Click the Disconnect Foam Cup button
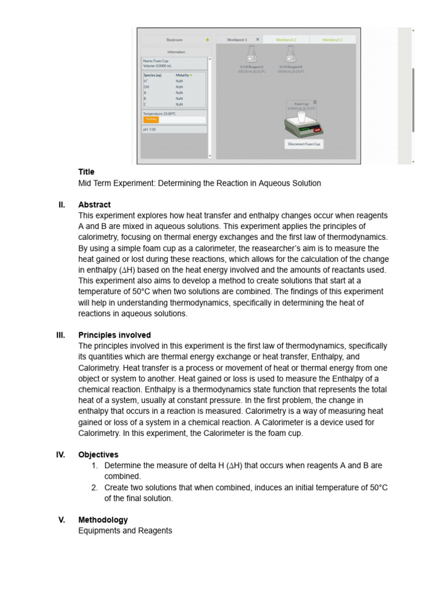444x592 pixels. pyautogui.click(x=304, y=144)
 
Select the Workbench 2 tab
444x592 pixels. pyautogui.click(x=286, y=39)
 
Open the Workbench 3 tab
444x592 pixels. pyautogui.click(x=332, y=39)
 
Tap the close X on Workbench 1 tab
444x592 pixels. pyautogui.click(x=257, y=39)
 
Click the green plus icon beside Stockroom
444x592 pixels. pyautogui.click(x=207, y=40)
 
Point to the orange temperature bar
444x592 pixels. pyautogui.click(x=151, y=120)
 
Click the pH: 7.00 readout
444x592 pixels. pyautogui.click(x=150, y=129)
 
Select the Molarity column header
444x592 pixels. pyautogui.click(x=183, y=75)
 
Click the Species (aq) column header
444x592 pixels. pyautogui.click(x=153, y=75)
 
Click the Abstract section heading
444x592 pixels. pyautogui.click(x=94, y=205)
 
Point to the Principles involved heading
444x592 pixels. pyautogui.click(x=114, y=335)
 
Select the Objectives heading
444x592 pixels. pyautogui.click(x=98, y=454)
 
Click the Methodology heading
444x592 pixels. pyautogui.click(x=103, y=520)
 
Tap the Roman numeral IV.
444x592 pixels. pyautogui.click(x=61, y=454)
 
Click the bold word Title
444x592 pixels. pyautogui.click(x=87, y=172)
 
